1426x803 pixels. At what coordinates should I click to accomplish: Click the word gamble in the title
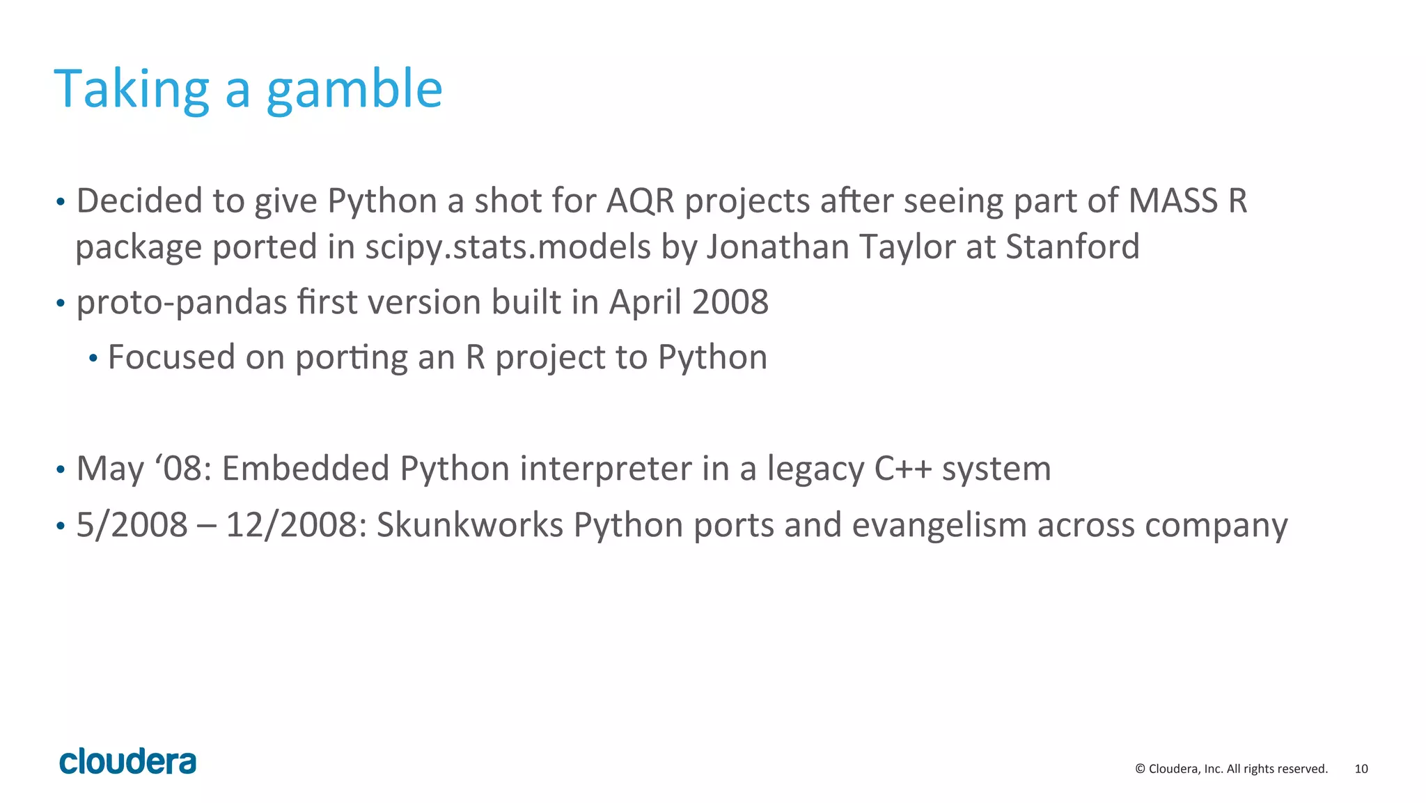pos(354,91)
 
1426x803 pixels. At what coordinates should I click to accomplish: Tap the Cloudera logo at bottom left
pos(128,762)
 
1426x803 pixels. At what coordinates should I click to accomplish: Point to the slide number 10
pos(1361,769)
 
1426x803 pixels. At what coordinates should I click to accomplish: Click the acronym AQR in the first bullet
pos(641,201)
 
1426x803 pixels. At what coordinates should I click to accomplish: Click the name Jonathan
pos(778,247)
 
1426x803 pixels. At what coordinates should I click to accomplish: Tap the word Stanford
pos(1072,247)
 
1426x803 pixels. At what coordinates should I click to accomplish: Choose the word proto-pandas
pos(182,303)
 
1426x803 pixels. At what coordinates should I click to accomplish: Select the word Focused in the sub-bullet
pos(171,357)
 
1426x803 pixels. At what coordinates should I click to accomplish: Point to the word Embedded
pos(306,469)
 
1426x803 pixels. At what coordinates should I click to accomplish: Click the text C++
pos(902,469)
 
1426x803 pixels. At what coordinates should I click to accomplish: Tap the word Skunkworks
pos(469,525)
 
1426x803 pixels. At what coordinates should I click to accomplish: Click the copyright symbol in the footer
pos(1140,769)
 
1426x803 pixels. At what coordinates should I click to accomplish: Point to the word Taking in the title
pos(132,91)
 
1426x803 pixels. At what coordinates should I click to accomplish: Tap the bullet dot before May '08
pos(61,469)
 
